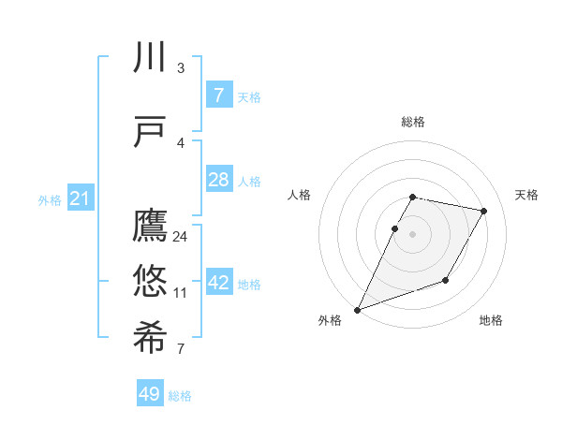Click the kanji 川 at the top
[150, 59]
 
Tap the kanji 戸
[150, 132]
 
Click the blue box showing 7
[218, 95]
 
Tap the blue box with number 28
[218, 180]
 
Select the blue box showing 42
[218, 283]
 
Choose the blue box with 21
[80, 198]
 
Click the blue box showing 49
[150, 394]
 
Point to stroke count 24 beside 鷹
[181, 237]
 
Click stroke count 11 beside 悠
[181, 293]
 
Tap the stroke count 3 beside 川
[181, 68]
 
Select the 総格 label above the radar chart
[413, 122]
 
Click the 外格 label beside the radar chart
[330, 320]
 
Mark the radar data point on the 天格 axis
[484, 212]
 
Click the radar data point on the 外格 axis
[357, 309]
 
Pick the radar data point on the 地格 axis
[446, 280]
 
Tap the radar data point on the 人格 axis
[395, 229]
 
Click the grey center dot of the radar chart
[413, 235]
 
